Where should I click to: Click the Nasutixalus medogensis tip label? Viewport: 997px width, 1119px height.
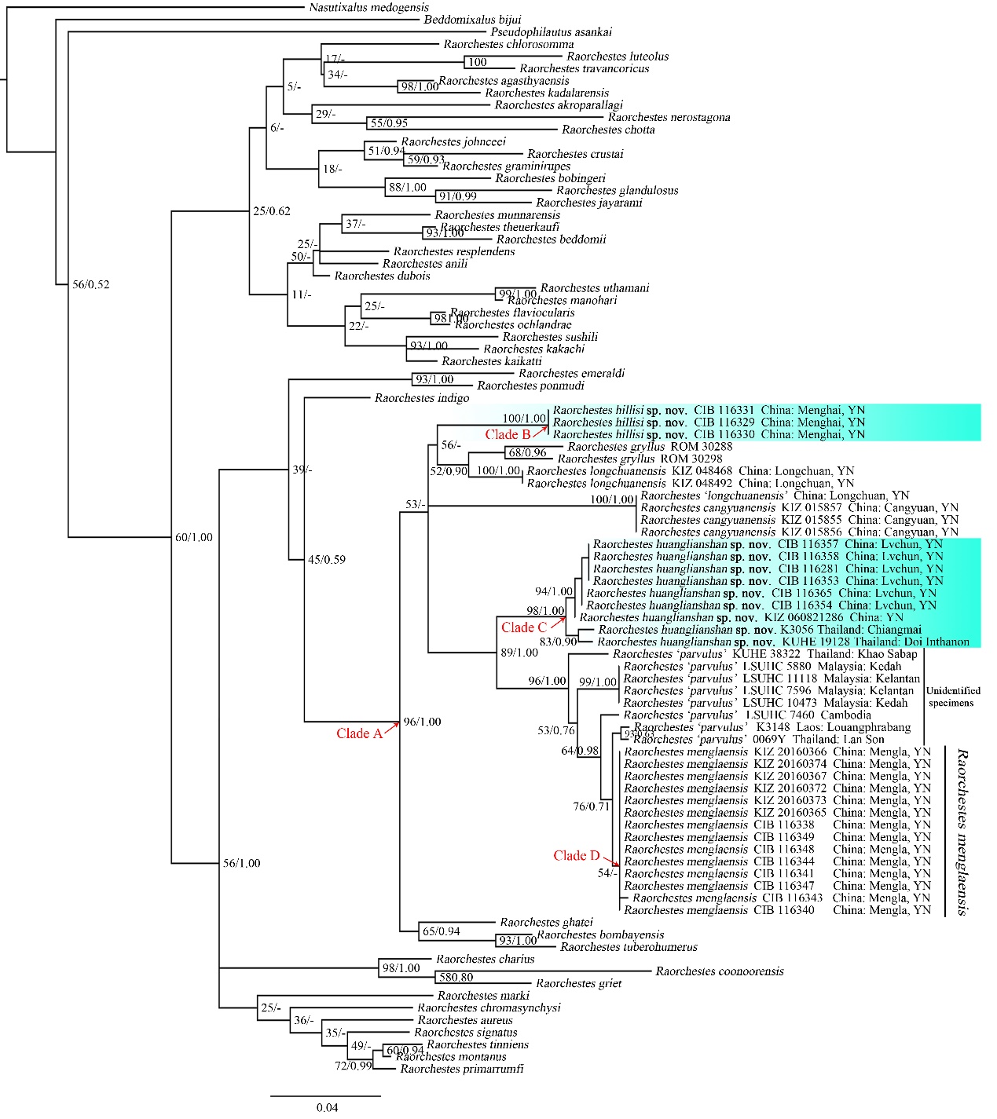(x=368, y=8)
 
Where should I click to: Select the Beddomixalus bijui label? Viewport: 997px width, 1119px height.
(x=472, y=20)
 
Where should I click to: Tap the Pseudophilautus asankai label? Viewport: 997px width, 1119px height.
(x=551, y=32)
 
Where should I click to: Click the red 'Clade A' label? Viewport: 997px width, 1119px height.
(x=358, y=733)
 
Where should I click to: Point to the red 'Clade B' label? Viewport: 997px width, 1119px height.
(x=507, y=434)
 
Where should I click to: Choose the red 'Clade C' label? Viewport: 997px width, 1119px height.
(x=523, y=627)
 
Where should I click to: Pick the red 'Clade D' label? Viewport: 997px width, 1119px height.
(x=576, y=855)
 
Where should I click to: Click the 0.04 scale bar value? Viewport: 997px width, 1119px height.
(x=327, y=1107)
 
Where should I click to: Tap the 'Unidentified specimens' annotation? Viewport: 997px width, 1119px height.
(x=953, y=697)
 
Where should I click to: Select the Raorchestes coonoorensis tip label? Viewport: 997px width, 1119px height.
(x=720, y=971)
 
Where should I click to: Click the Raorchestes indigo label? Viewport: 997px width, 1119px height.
(x=422, y=398)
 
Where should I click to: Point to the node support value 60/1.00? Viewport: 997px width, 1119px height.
(x=193, y=537)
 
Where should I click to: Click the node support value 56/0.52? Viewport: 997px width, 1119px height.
(x=91, y=284)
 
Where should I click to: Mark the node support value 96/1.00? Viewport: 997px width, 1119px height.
(x=422, y=722)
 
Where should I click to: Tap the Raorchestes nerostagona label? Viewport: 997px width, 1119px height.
(x=669, y=118)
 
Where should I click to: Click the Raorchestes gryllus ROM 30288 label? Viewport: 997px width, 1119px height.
(x=650, y=447)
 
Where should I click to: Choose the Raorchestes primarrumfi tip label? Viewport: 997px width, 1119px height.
(x=461, y=1069)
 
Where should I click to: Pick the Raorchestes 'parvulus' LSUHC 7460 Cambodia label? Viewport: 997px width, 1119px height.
(x=747, y=715)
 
